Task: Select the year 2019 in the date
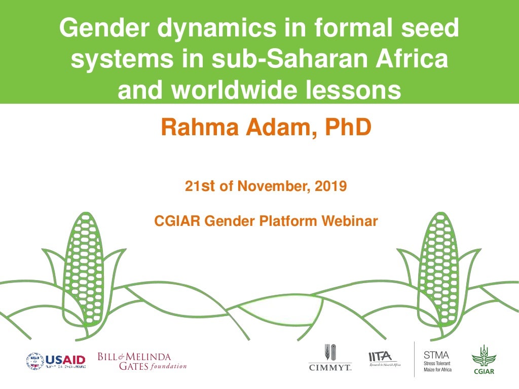[330, 186]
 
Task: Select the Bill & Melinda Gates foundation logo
[142, 361]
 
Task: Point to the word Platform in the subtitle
[290, 221]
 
